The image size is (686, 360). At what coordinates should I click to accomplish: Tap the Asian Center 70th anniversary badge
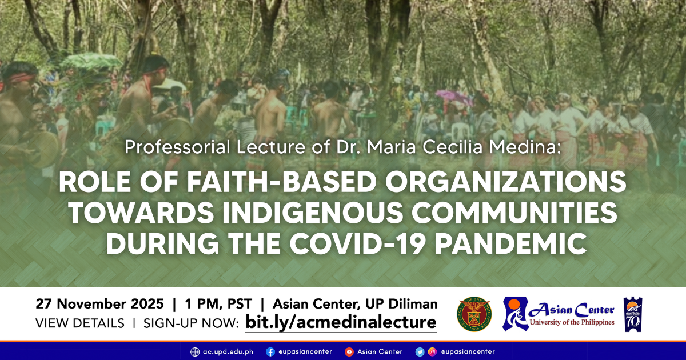pyautogui.click(x=633, y=314)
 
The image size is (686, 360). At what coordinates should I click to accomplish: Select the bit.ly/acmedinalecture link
pyautogui.click(x=341, y=322)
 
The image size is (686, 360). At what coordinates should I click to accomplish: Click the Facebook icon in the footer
pyautogui.click(x=270, y=351)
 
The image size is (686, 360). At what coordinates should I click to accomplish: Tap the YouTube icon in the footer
pyautogui.click(x=349, y=351)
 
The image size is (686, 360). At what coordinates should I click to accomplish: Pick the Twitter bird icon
pyautogui.click(x=420, y=351)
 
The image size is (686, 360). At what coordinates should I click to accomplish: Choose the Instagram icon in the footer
pyautogui.click(x=432, y=351)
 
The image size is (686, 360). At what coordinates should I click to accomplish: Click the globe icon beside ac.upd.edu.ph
pyautogui.click(x=195, y=351)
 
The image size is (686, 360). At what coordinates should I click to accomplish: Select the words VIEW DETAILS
pyautogui.click(x=80, y=323)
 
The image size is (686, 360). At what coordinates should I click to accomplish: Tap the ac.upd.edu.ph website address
pyautogui.click(x=228, y=351)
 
